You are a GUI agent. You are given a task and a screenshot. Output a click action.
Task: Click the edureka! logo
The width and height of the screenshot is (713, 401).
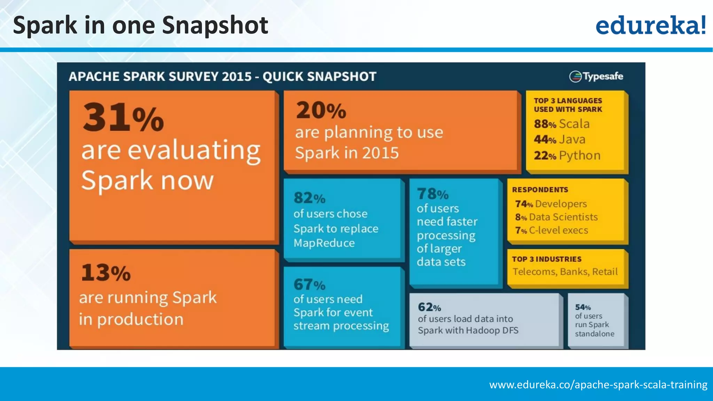(x=650, y=25)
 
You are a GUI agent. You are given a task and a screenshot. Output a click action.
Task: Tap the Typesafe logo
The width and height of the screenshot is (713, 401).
(x=596, y=76)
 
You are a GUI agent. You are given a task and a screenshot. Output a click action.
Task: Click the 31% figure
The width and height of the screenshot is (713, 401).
(x=123, y=117)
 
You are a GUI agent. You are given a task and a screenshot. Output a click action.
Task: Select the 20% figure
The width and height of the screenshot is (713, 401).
(x=321, y=110)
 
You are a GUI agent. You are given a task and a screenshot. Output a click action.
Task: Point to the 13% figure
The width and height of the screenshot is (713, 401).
(x=106, y=273)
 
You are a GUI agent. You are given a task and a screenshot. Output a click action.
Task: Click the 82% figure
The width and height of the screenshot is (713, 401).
(x=309, y=198)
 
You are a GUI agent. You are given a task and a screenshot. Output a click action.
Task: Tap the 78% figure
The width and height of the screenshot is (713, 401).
(x=433, y=194)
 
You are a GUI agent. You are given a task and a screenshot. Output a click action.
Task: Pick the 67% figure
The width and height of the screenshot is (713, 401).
(x=309, y=285)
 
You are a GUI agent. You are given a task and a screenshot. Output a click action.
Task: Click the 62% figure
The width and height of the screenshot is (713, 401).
(x=429, y=307)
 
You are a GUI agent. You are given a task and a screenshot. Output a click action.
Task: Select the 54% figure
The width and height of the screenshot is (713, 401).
(x=583, y=307)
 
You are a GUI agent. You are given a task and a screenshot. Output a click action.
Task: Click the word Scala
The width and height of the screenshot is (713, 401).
(x=574, y=124)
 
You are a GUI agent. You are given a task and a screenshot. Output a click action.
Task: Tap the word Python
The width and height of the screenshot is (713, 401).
(x=580, y=155)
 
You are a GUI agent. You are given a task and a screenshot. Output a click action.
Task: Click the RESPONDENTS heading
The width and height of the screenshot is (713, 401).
(x=540, y=190)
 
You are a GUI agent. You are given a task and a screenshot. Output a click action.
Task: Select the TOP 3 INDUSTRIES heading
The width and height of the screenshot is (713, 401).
(x=547, y=259)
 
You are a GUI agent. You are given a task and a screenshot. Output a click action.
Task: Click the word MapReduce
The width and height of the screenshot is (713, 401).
(x=324, y=243)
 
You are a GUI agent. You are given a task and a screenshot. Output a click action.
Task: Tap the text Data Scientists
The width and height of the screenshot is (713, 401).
(x=563, y=217)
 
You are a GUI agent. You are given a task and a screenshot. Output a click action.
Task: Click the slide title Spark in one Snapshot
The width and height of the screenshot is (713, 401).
(x=141, y=25)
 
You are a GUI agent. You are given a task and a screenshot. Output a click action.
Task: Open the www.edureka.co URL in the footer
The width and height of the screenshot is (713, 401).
(x=598, y=385)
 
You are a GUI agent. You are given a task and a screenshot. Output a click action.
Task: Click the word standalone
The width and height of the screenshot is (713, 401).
(x=595, y=334)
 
